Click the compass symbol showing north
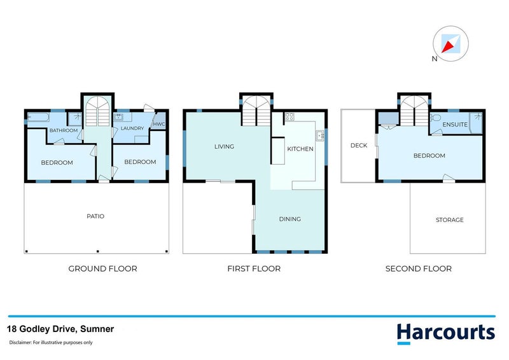tap(451, 45)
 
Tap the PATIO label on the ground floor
tap(95, 216)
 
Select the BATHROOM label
tap(64, 131)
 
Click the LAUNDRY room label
tap(132, 128)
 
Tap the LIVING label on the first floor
tap(224, 147)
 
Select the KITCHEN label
tap(300, 149)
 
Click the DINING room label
tap(289, 219)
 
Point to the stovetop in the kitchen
tap(289, 116)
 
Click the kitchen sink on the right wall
tap(320, 135)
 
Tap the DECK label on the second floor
tap(359, 146)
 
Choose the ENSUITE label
tap(456, 125)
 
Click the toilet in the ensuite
tap(437, 118)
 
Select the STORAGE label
tap(449, 220)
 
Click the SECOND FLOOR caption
tap(419, 269)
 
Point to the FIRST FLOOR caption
tap(254, 269)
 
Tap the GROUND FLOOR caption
tap(102, 269)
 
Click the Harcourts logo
tap(445, 333)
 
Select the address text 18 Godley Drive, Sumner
tap(60, 329)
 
